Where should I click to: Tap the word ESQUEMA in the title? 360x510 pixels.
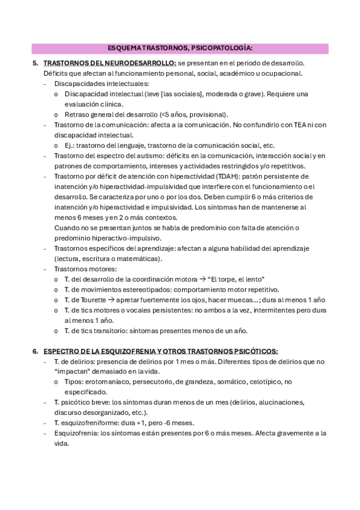coord(125,48)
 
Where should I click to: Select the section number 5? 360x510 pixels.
coord(35,63)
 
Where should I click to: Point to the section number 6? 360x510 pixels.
coord(35,351)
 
